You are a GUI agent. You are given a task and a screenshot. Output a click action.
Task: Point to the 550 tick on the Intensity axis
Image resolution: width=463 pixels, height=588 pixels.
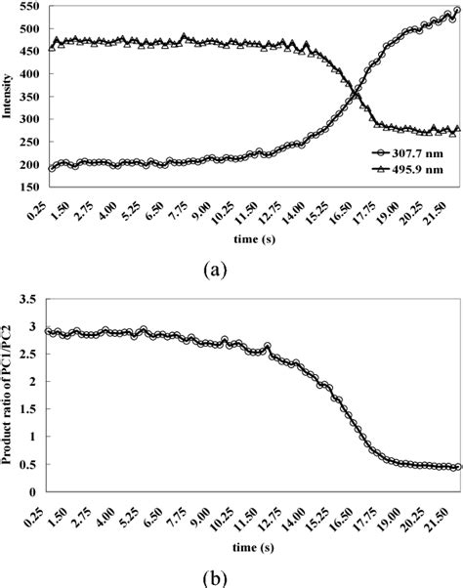coord(29,7)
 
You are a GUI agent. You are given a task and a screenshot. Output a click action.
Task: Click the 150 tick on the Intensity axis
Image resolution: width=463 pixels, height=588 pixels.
coord(29,219)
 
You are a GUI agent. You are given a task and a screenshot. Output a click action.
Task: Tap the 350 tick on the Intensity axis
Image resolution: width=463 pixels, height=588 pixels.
coord(29,113)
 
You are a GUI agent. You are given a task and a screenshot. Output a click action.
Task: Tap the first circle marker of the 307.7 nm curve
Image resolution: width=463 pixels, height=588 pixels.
coord(51,195)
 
